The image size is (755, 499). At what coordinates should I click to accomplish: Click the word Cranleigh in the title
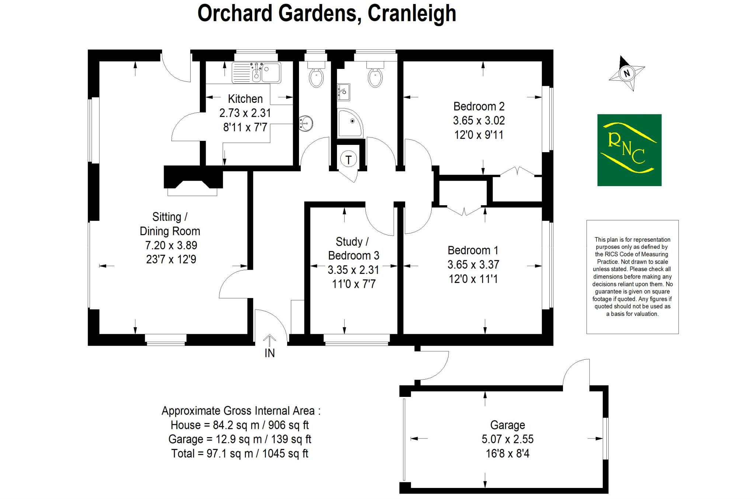pyautogui.click(x=412, y=14)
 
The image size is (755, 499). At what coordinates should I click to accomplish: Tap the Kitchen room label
pyautogui.click(x=245, y=99)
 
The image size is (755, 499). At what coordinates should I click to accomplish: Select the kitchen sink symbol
pyautogui.click(x=256, y=72)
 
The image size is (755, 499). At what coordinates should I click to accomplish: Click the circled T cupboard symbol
pyautogui.click(x=348, y=160)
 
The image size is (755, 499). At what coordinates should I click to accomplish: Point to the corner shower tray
pyautogui.click(x=349, y=123)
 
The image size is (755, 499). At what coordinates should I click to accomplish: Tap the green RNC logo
pyautogui.click(x=629, y=150)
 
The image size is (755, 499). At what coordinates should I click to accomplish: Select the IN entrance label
pyautogui.click(x=269, y=353)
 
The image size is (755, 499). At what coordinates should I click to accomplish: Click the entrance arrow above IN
pyautogui.click(x=269, y=340)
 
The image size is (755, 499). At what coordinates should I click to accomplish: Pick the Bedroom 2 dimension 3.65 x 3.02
pyautogui.click(x=479, y=121)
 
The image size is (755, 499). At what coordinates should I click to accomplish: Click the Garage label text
pyautogui.click(x=507, y=425)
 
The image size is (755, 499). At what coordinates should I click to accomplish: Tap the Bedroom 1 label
pyautogui.click(x=473, y=251)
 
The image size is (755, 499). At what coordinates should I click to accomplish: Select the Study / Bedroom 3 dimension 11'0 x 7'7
pyautogui.click(x=354, y=284)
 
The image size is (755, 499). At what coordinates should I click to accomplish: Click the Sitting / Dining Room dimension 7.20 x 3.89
pyautogui.click(x=171, y=245)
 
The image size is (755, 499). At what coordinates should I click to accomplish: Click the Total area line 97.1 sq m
pyautogui.click(x=240, y=453)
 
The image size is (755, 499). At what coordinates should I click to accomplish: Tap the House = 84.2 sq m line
pyautogui.click(x=240, y=425)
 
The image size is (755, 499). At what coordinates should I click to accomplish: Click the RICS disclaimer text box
pyautogui.click(x=632, y=277)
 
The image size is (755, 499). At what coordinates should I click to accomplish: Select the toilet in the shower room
pyautogui.click(x=375, y=76)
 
